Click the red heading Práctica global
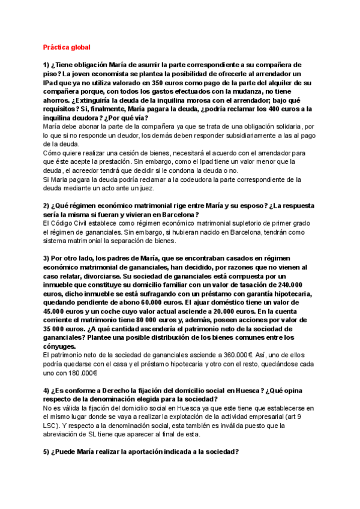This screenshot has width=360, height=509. pyautogui.click(x=67, y=46)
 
